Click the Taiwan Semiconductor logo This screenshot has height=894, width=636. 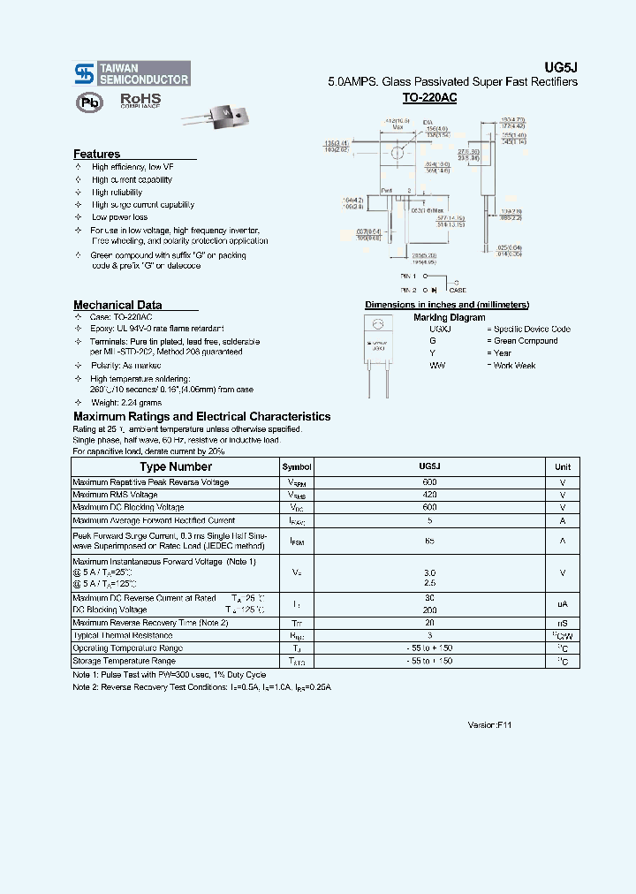131,73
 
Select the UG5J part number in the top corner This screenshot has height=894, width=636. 565,66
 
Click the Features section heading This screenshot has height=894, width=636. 96,154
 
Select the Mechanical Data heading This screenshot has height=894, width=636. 117,305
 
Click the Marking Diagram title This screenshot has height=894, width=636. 449,317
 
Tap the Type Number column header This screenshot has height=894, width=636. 176,466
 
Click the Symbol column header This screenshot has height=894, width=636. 297,467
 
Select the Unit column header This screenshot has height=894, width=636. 563,467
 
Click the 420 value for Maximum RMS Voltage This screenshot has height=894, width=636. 429,495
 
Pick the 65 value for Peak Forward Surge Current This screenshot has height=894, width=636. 429,540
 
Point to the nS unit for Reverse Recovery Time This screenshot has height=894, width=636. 563,623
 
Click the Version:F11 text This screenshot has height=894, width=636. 489,724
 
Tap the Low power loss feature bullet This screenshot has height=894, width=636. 119,217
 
